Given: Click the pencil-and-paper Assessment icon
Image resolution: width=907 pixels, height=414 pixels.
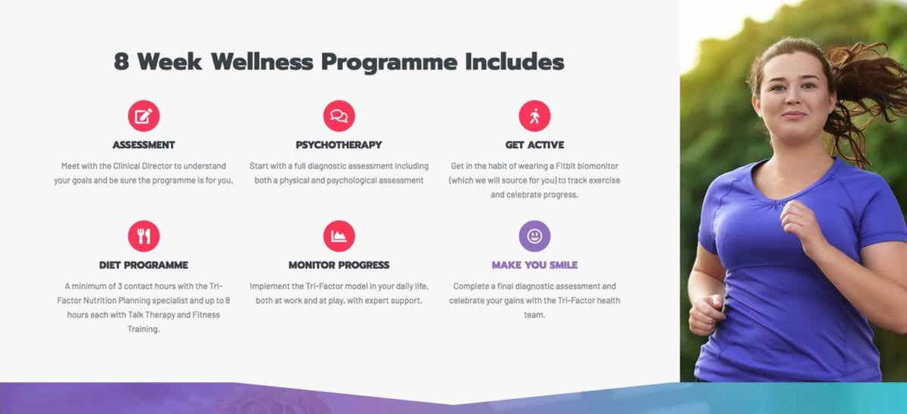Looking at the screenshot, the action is click(144, 116).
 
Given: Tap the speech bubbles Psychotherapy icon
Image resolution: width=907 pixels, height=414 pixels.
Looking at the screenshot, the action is click(339, 116).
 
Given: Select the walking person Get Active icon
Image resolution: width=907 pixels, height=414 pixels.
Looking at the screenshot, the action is click(534, 116).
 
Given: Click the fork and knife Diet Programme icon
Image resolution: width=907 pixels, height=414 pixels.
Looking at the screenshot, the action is click(144, 236).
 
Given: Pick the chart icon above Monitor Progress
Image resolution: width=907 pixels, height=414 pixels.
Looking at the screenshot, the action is click(339, 236).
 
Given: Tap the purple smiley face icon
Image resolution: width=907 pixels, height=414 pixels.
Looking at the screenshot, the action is click(534, 236).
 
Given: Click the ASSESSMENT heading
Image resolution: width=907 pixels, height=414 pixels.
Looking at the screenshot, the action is click(144, 145).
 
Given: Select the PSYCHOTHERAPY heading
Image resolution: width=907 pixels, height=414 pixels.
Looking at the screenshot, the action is click(339, 145).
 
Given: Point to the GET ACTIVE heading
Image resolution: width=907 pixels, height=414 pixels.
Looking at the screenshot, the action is click(534, 145).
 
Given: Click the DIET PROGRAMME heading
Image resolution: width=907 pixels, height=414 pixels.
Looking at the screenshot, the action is click(144, 265).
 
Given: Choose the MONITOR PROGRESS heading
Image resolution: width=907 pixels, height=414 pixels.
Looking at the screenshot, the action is click(339, 265).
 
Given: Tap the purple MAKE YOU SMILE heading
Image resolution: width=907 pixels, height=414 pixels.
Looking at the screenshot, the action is click(534, 265).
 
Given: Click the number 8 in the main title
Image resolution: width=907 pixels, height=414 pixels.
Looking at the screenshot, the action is click(122, 61).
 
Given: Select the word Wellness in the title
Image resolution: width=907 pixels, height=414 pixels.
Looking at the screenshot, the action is click(262, 61).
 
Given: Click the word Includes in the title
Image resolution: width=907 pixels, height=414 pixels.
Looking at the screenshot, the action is click(515, 61).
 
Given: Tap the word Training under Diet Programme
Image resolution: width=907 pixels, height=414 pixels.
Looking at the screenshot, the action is click(144, 329).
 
